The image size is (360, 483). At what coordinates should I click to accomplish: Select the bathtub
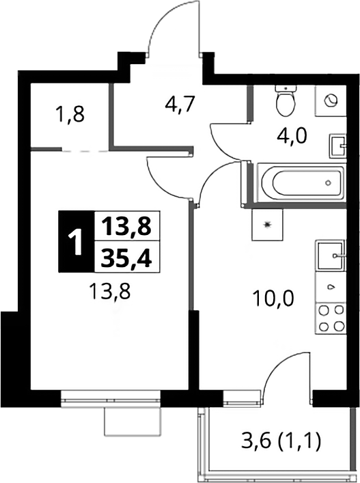click(x=301, y=182)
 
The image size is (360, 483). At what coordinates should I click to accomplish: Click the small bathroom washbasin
click(x=338, y=146)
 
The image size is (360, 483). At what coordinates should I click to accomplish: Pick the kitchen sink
click(x=331, y=256)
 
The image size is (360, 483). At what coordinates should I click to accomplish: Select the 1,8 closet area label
click(x=70, y=114)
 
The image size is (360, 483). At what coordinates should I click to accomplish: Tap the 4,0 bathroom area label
click(x=292, y=136)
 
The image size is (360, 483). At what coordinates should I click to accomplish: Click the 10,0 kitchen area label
click(x=273, y=299)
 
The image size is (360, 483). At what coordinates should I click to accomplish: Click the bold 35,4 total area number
click(x=126, y=257)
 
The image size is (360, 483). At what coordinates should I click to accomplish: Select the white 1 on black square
click(x=76, y=242)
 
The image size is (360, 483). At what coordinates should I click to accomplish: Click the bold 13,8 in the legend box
click(x=126, y=226)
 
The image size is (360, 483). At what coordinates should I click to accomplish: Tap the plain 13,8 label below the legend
click(x=109, y=291)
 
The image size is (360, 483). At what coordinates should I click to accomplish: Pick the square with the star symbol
click(x=267, y=225)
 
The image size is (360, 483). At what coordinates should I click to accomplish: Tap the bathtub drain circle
click(x=329, y=182)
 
